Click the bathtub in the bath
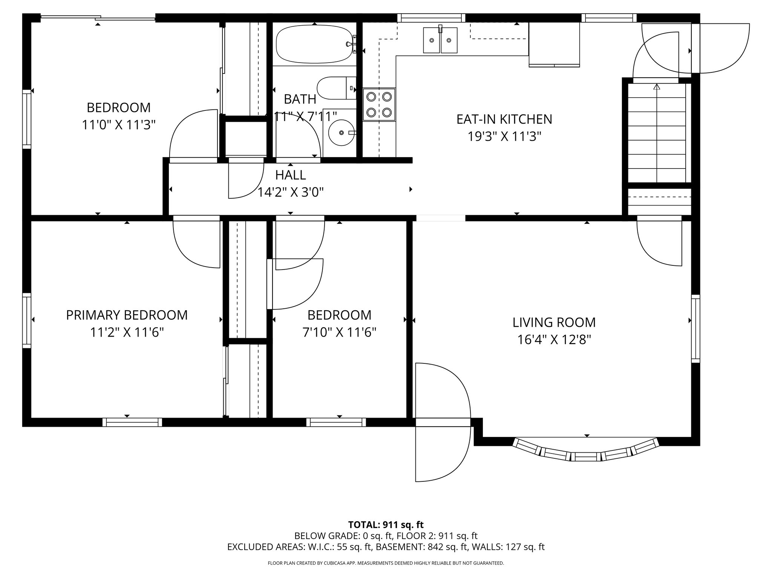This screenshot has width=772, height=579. pyautogui.click(x=314, y=44)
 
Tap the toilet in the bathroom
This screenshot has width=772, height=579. pyautogui.click(x=335, y=88)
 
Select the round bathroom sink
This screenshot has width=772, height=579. pyautogui.click(x=342, y=133)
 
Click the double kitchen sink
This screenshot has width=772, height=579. pyautogui.click(x=440, y=40)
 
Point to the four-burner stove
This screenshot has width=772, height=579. pyautogui.click(x=379, y=104)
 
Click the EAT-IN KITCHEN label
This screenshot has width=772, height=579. pyautogui.click(x=504, y=119)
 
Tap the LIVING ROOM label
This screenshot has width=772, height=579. pyautogui.click(x=554, y=323)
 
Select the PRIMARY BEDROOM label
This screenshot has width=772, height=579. pyautogui.click(x=127, y=315)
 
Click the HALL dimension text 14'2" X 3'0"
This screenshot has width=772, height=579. pyautogui.click(x=290, y=193)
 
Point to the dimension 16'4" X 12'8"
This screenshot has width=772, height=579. pyautogui.click(x=554, y=340)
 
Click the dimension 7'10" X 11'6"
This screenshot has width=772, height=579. pyautogui.click(x=339, y=332)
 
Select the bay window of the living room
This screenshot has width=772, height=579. pyautogui.click(x=587, y=451)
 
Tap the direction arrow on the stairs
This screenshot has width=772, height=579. pyautogui.click(x=657, y=87)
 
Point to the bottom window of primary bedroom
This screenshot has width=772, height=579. pyautogui.click(x=132, y=422)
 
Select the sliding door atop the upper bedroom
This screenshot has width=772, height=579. pyautogui.click(x=98, y=18)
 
